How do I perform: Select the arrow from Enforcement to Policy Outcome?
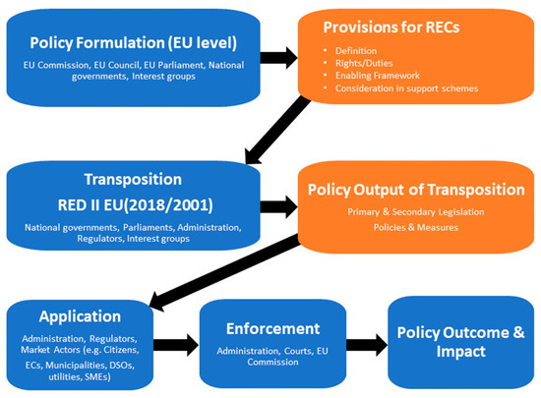tap(365, 345)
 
